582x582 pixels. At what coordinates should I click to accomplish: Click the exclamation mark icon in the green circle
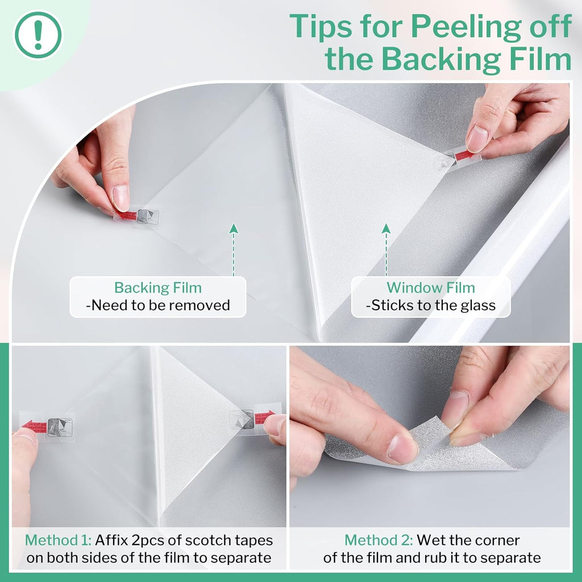(38, 35)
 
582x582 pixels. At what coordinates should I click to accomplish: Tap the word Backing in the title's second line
(442, 59)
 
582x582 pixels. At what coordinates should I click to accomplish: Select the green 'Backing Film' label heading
(158, 288)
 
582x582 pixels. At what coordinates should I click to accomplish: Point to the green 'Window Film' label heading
(431, 288)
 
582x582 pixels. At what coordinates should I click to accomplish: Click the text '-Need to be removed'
(158, 305)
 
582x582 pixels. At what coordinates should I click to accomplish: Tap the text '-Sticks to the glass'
(431, 305)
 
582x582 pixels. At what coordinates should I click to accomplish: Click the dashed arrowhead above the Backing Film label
(234, 228)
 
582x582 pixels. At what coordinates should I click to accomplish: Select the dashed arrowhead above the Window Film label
(386, 228)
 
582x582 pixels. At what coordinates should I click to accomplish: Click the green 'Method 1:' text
(59, 540)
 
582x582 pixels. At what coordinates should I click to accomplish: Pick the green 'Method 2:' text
(379, 540)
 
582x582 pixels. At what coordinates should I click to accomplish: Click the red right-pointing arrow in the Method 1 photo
(265, 417)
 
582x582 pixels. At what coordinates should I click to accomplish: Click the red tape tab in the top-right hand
(464, 155)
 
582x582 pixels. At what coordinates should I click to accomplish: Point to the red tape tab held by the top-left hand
(126, 215)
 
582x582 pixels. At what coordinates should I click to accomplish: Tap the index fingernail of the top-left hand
(121, 197)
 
